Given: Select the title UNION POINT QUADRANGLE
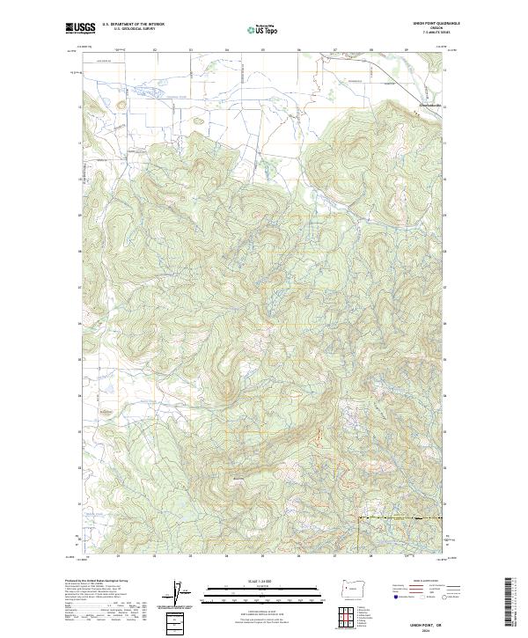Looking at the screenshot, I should coord(427,24).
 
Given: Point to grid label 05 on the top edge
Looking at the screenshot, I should coord(262,50).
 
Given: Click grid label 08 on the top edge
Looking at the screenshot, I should coord(370,50).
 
